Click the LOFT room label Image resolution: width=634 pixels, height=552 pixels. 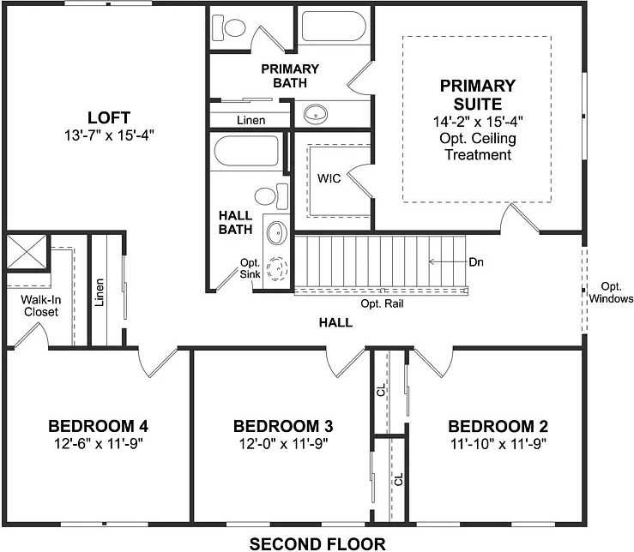[x=108, y=117]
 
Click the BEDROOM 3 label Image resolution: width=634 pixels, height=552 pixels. [x=283, y=426]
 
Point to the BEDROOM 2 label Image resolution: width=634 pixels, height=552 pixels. [x=498, y=426]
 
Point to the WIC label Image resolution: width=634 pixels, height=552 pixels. [x=329, y=179]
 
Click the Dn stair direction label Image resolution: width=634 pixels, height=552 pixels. [x=476, y=261]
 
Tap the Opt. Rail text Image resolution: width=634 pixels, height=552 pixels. [x=382, y=303]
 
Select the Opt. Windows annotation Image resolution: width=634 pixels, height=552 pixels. [x=611, y=292]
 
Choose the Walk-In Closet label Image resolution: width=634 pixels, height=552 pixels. [x=39, y=306]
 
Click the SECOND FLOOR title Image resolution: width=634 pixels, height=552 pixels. [x=317, y=543]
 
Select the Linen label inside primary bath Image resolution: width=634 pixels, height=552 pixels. [x=250, y=120]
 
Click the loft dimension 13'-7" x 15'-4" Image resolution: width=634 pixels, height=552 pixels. [x=108, y=135]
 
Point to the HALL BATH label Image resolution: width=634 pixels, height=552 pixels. [x=235, y=223]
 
